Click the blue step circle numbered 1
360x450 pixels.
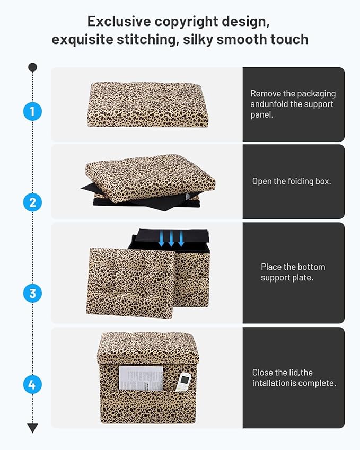click(32, 112)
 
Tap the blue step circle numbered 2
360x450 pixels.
click(32, 202)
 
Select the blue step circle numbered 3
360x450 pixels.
click(32, 293)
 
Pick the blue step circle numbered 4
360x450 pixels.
click(32, 384)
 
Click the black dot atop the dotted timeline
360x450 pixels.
click(32, 67)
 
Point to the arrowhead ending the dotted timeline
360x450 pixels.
click(32, 428)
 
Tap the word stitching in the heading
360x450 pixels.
click(148, 39)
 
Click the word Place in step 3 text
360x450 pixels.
click(271, 267)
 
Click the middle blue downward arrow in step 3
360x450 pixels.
click(171, 239)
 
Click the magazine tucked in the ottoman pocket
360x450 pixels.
click(141, 377)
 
